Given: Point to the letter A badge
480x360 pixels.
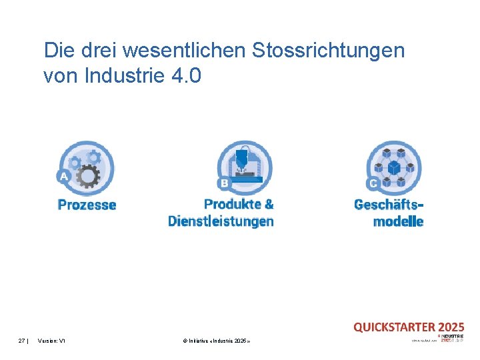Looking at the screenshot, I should pos(64,177).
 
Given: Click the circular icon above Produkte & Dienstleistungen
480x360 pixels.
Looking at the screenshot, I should pos(245,167).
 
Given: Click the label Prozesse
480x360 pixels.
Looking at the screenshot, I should pos(87,205).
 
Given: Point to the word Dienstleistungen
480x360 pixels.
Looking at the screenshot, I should pos(221,221).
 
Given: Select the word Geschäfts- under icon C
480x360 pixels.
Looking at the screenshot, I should pos(389,205).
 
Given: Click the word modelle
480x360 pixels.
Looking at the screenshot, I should pos(398,221).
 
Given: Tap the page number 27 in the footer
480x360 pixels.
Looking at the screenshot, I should pos(22,341).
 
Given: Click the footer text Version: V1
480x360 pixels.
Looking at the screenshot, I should pos(52,341).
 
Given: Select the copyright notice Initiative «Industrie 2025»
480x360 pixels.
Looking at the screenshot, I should pos(216,341).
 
